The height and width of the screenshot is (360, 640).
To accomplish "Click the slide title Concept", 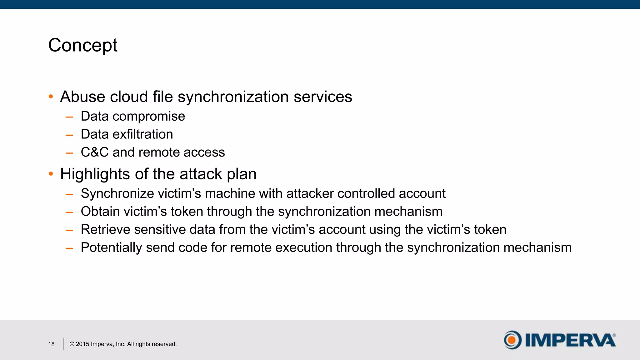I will coord(83,46).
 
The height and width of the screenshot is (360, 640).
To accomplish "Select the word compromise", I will coord(148,117).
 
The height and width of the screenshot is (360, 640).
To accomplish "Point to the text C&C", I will coord(94,152).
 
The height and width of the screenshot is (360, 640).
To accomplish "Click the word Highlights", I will coord(95,174).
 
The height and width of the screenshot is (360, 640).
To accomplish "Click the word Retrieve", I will coord(105,230).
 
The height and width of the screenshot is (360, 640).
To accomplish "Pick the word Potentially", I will coord(111,247).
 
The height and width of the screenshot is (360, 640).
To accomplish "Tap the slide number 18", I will coord(51,344).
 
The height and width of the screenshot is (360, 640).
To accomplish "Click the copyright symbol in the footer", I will coord(72,344).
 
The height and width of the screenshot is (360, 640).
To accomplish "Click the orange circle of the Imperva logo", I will coord(512,340).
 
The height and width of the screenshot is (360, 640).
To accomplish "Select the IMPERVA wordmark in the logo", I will coord(570,340).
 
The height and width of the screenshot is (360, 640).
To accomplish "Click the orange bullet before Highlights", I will coord(51,174).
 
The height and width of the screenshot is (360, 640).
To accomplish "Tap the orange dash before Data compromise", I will coord(69,117).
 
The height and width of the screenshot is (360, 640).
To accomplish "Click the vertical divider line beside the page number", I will coord(64,344).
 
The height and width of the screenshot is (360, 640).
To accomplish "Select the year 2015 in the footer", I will coord(82,344).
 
